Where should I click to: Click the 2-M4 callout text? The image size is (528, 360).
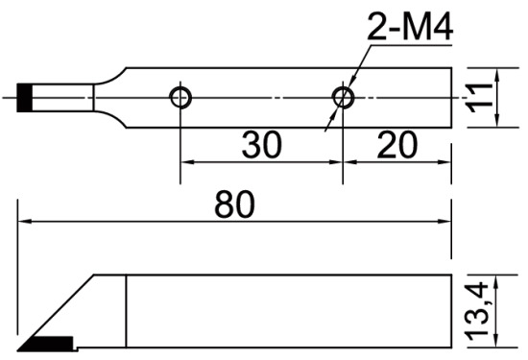coord(410,27)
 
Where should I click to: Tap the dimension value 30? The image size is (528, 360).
coord(262,145)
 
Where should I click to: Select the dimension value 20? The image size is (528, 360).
coord(397,145)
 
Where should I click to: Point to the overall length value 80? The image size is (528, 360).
coord(234,204)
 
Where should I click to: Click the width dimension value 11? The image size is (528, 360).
coord(479,98)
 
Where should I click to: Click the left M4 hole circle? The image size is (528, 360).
coord(180,98)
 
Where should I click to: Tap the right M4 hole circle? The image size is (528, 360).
coord(343,98)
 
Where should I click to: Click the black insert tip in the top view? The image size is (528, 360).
coord(25,98)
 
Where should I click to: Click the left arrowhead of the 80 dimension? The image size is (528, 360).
coord(25,222)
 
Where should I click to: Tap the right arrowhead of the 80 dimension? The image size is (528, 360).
coord(444,222)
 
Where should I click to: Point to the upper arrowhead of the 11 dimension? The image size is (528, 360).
coord(497,75)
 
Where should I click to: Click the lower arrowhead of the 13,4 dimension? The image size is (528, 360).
coord(495,340)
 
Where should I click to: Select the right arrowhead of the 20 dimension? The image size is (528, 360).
coord(444,162)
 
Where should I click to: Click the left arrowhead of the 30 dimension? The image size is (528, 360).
coord(188,162)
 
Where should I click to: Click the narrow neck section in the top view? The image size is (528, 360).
coord(62,98)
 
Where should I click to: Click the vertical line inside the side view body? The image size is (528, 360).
coord(126,311)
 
